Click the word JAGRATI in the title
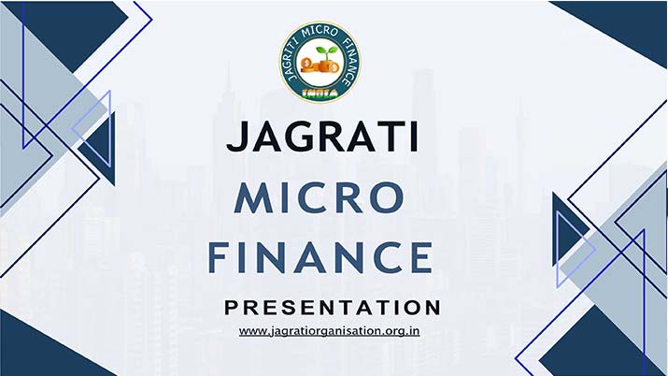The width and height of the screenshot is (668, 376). pos(322,137)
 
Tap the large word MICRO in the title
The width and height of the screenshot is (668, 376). pos(320,197)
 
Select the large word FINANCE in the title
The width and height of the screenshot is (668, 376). pos(320,257)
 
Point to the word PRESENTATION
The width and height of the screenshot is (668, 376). pos(333,308)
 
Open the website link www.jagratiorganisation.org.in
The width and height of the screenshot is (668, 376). pos(329,331)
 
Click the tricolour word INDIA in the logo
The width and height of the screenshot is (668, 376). pos(320,93)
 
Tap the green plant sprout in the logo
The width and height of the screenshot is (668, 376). pos(326,54)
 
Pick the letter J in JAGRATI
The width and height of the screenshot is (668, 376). pos(236,137)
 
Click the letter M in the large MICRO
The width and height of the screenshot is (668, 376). pos(253,197)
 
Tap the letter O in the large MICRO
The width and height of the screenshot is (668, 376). pos(387,197)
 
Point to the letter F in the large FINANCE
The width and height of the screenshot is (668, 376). pos(218,257)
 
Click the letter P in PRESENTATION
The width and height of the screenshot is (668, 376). pos(232,308)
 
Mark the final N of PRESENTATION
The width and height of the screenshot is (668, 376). pos(433,308)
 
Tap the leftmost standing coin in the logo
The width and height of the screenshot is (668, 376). pos(306,65)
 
